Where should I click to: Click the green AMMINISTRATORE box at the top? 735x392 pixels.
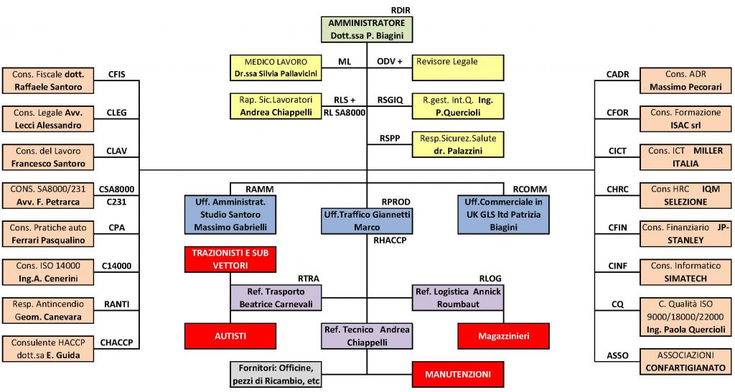pos(366,29)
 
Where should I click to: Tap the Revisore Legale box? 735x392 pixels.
pos(459,67)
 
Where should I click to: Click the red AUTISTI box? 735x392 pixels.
pos(230,335)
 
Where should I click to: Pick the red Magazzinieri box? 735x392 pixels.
pos(502,335)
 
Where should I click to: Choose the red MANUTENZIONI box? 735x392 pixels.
pos(457,374)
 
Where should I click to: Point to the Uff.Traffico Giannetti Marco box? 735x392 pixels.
pos(366,220)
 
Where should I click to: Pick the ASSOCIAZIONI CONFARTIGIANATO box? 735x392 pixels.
pos(684,361)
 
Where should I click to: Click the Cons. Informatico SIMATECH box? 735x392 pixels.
pos(684,271)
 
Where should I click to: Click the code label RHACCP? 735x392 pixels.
pos(390,241)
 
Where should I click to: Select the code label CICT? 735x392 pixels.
pos(617,151)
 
